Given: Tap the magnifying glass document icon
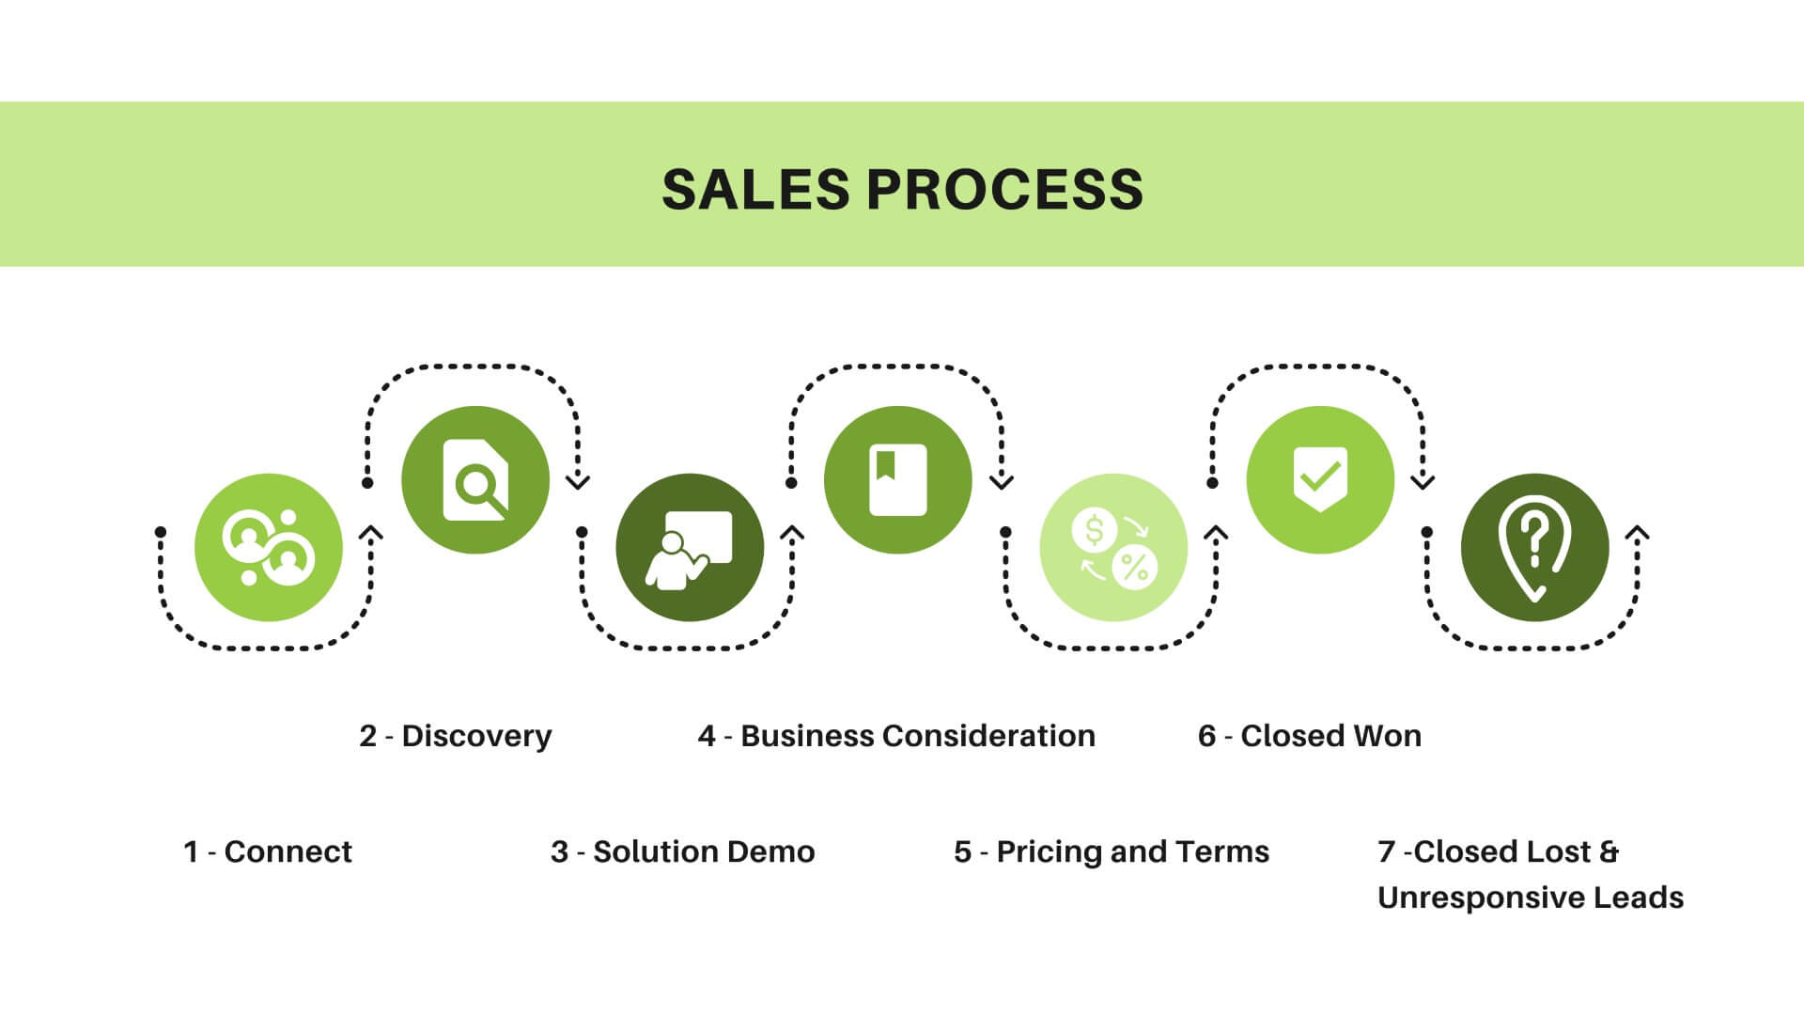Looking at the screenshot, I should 475,480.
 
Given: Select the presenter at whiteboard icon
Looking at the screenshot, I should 690,548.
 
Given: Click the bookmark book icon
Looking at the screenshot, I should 897,480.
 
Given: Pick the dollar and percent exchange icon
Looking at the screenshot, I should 1113,548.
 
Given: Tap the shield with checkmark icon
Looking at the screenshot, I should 1320,480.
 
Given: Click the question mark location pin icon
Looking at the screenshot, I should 1534,548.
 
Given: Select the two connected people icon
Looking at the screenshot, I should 269,548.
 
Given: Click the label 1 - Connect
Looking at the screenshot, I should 268,851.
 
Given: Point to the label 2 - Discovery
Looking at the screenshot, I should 456,736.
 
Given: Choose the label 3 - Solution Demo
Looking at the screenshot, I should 683,851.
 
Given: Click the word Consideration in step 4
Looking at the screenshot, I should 989,736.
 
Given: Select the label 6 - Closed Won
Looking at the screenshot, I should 1310,736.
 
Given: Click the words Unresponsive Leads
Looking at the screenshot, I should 1531,898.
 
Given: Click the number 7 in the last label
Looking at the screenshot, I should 1387,851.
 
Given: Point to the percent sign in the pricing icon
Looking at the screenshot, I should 1135,567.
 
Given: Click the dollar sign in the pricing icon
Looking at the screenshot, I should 1095,530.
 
